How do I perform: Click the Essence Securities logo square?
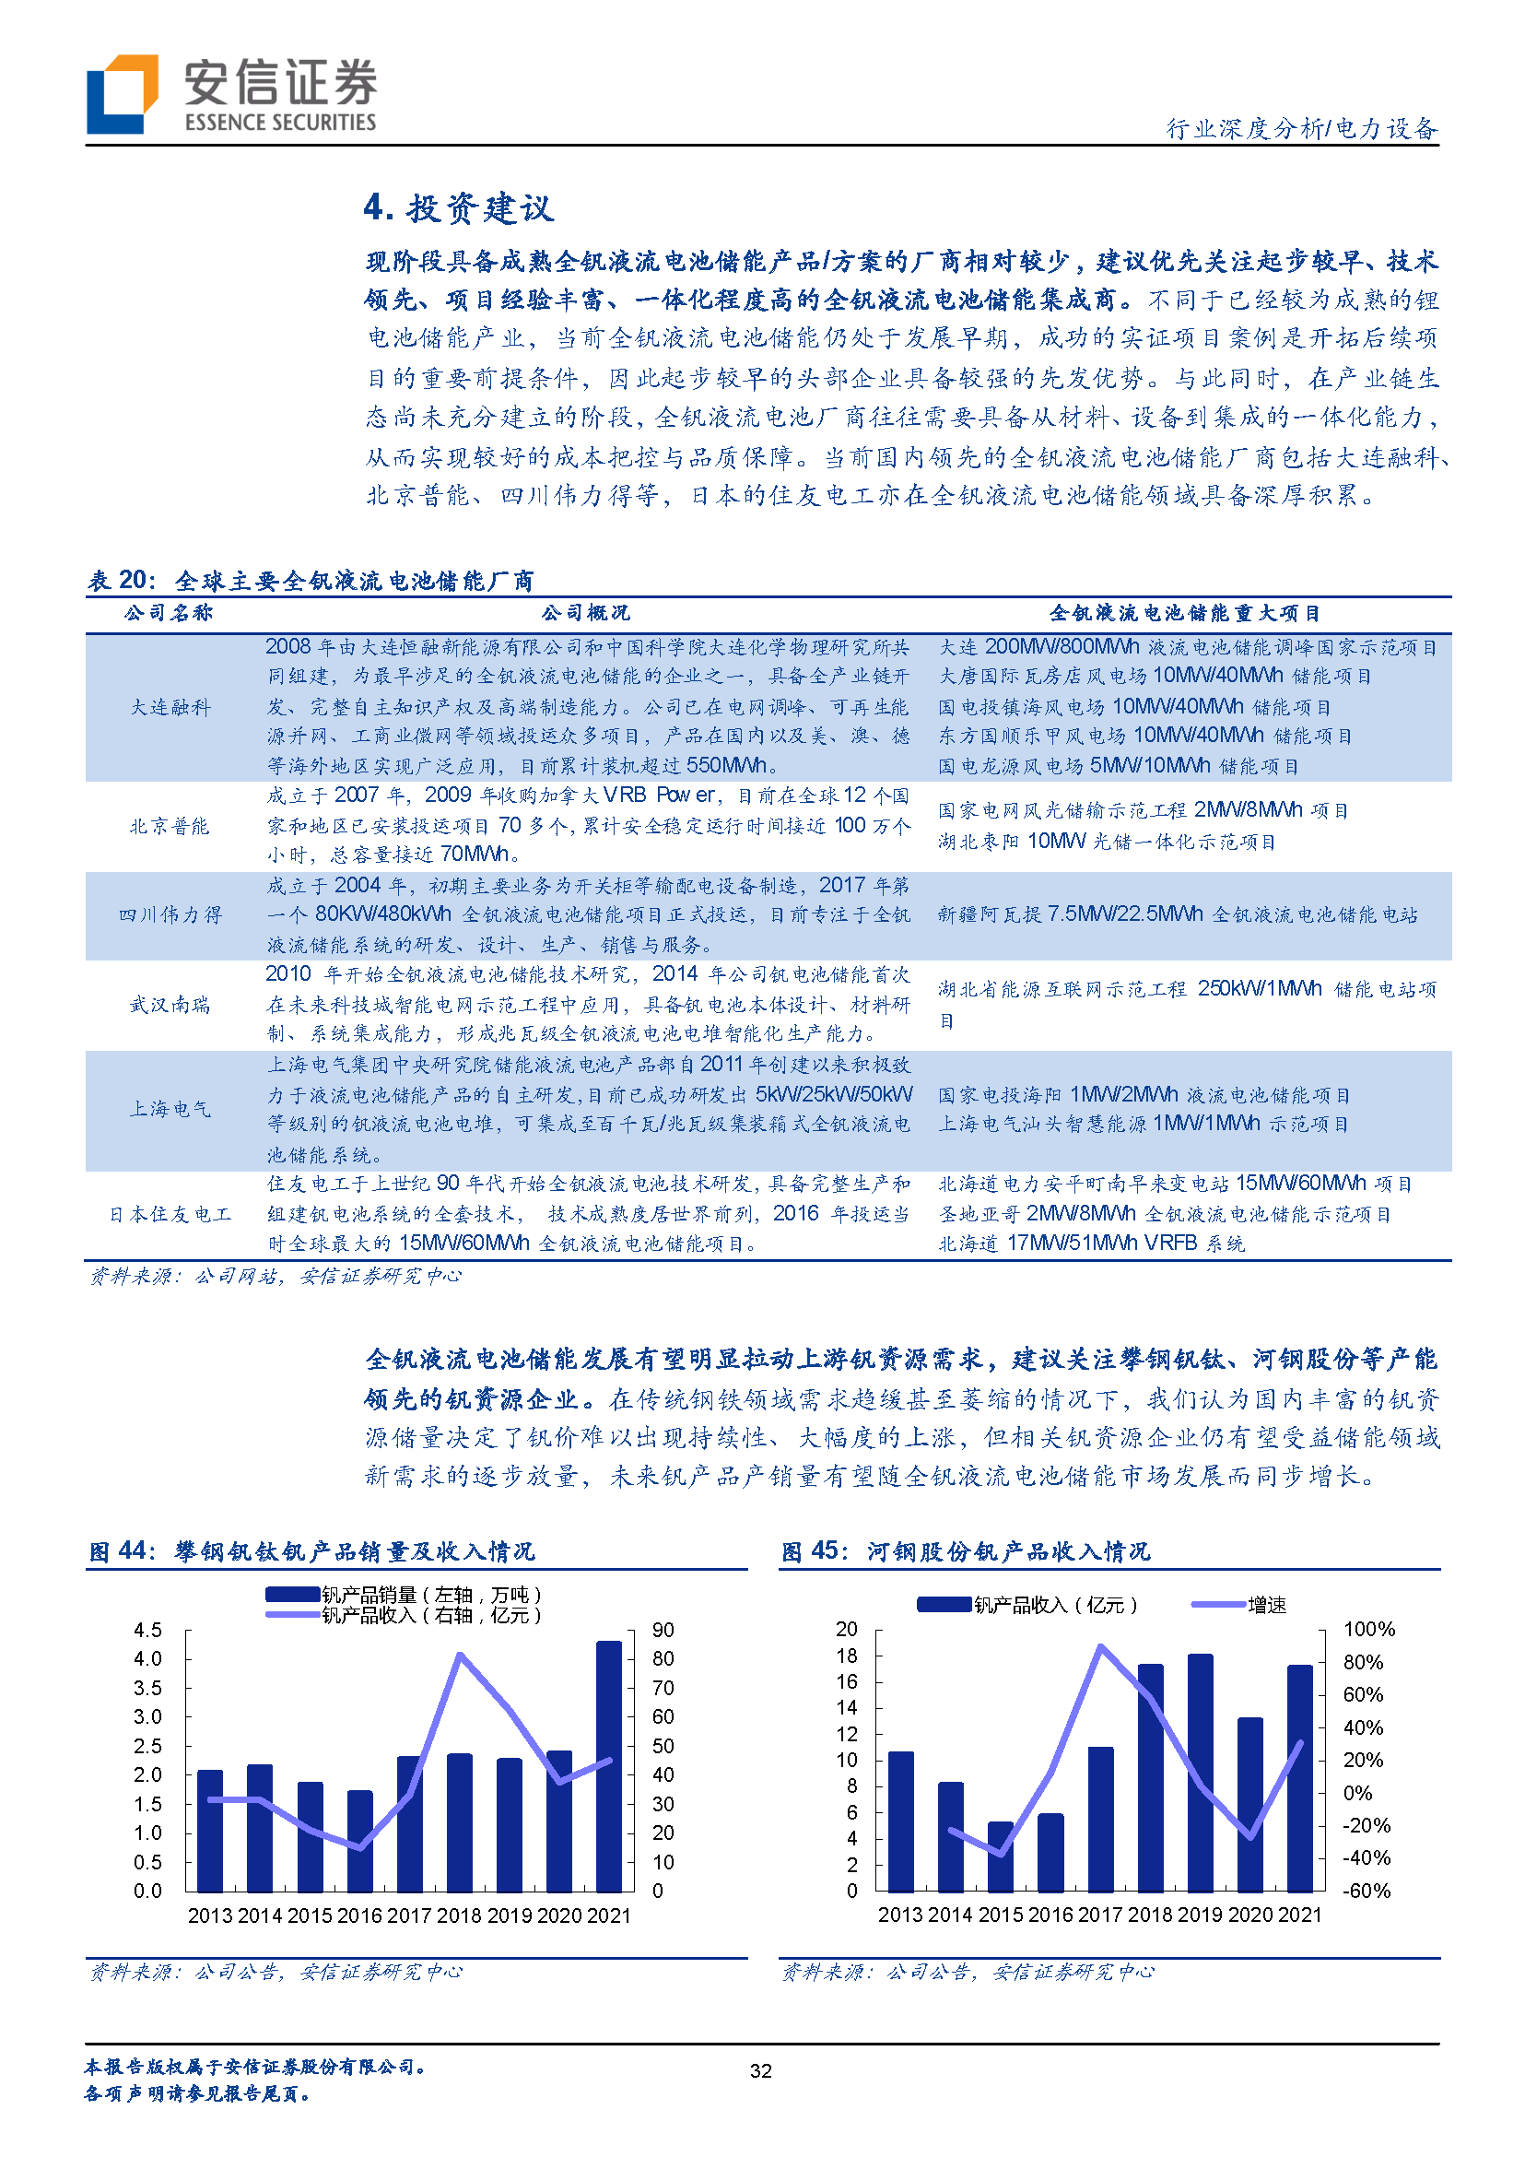tap(121, 94)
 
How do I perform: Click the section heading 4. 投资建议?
tap(458, 207)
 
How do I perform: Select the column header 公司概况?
tap(585, 614)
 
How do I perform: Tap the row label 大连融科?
tap(170, 706)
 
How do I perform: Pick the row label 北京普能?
tap(170, 826)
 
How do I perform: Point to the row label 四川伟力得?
tap(170, 915)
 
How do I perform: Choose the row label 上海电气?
tap(170, 1110)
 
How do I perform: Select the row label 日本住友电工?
tap(170, 1214)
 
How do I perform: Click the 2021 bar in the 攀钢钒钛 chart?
tap(608, 1766)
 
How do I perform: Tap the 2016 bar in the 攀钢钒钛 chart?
tap(359, 1841)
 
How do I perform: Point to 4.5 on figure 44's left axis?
tap(147, 1630)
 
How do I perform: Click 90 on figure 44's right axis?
tap(663, 1630)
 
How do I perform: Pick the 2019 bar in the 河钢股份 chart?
tap(1200, 1773)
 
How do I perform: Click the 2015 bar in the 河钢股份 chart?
tap(1000, 1856)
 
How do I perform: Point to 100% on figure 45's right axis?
tap(1369, 1629)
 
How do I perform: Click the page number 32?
tap(760, 2070)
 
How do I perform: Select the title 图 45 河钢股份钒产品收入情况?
tap(966, 1551)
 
